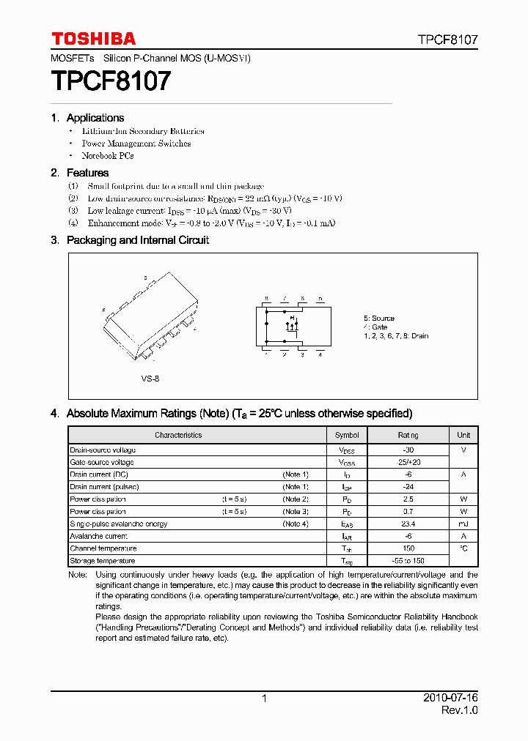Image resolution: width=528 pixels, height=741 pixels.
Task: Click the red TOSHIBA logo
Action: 93,39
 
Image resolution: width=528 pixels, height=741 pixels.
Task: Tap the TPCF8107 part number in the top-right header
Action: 448,40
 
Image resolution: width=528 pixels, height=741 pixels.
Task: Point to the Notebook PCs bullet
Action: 107,156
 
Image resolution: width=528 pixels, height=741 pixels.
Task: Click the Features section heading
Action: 87,173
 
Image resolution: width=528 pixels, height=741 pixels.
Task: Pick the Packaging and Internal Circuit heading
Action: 137,240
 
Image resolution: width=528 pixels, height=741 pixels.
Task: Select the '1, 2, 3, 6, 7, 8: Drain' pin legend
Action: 396,336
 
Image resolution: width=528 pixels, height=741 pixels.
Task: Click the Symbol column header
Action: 347,435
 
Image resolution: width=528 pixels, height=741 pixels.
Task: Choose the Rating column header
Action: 408,435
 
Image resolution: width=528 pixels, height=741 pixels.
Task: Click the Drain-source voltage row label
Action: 103,450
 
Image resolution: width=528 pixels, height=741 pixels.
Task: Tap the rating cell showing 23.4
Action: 408,524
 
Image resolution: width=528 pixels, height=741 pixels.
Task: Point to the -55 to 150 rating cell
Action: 408,561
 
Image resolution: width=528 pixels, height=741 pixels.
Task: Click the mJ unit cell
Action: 463,524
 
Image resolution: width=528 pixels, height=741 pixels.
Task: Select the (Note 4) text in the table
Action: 296,524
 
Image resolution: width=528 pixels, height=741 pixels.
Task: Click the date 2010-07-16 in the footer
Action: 451,699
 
